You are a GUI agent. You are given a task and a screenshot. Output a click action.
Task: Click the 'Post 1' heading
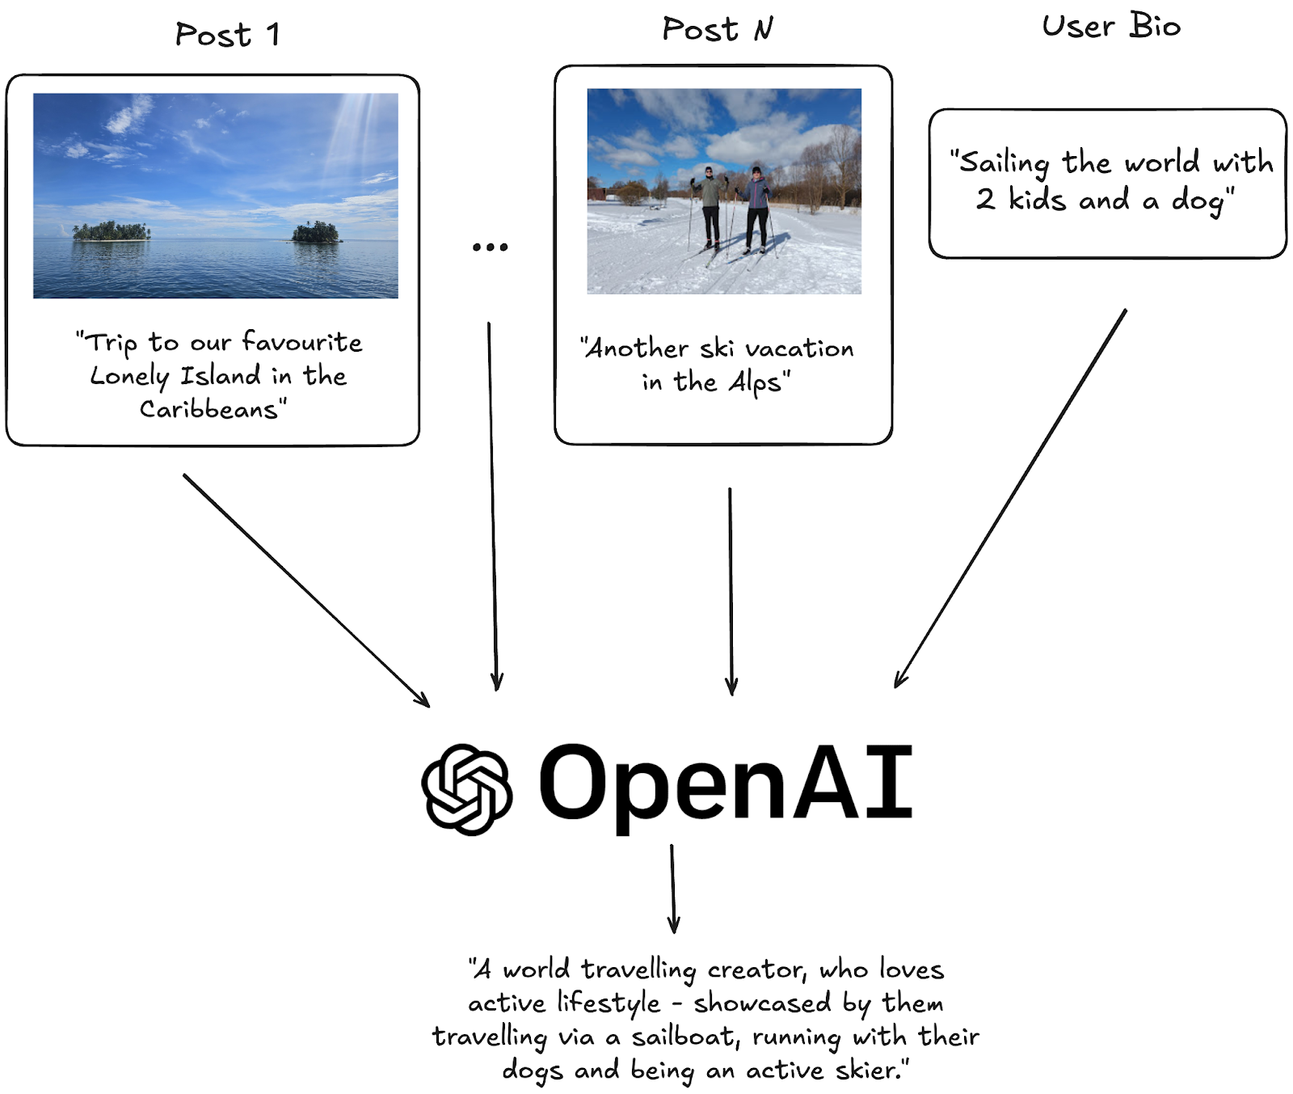(x=227, y=35)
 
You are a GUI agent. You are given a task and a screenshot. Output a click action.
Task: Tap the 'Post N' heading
(x=717, y=30)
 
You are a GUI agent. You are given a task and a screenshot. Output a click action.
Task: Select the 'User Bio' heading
(x=1111, y=27)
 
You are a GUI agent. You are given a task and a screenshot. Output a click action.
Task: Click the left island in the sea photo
(x=112, y=232)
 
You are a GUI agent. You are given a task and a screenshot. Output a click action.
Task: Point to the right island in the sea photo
(x=316, y=233)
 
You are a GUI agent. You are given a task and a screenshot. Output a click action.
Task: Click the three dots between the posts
(x=490, y=247)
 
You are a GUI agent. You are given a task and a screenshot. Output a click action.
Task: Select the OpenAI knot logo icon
(x=466, y=788)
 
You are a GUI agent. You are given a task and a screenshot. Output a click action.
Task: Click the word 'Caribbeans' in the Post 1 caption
(x=209, y=409)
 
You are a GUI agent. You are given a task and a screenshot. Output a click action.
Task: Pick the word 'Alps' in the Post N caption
(x=755, y=382)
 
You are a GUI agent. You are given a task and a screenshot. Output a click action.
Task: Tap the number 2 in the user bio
(x=985, y=199)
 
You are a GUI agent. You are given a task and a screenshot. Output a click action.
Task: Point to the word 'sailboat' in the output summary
(x=684, y=1037)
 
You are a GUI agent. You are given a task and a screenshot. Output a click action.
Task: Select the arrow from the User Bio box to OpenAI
(x=1010, y=497)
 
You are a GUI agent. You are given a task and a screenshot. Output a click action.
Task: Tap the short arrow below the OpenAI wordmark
(x=672, y=888)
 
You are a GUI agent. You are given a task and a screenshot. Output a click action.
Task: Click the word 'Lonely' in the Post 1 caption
(x=129, y=377)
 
